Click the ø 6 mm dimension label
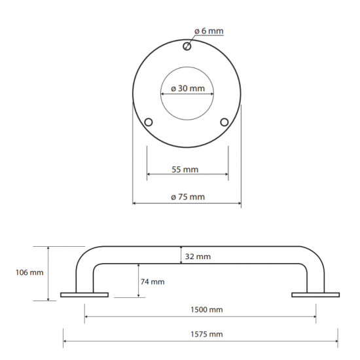point(210,30)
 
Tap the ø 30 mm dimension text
point(187,88)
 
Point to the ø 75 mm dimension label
point(187,197)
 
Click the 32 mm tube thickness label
point(199,256)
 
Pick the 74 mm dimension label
point(153,281)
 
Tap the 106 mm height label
point(31,273)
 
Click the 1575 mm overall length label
point(203,334)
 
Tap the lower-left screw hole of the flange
point(149,122)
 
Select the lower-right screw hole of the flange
point(225,122)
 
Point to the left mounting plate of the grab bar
point(84,295)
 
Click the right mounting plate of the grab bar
point(315,295)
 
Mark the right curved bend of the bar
point(312,259)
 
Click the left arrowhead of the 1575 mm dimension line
point(65,340)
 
